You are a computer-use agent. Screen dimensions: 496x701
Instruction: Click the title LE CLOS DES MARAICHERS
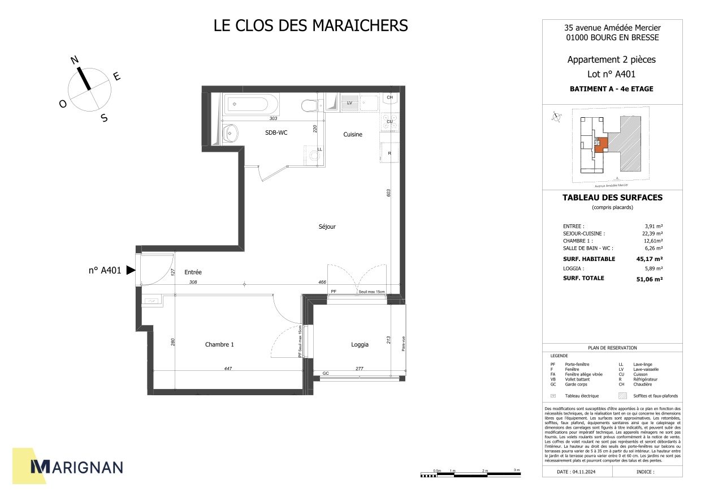pyautogui.click(x=310, y=26)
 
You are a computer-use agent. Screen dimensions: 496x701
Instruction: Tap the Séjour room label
pyautogui.click(x=327, y=226)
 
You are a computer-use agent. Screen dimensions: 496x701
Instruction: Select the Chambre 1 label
pyautogui.click(x=219, y=344)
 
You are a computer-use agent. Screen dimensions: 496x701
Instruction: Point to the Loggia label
pyautogui.click(x=360, y=344)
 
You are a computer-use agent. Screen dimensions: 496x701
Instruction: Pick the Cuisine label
pyautogui.click(x=353, y=134)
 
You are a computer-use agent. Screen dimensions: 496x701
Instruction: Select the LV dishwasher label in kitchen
pyautogui.click(x=349, y=103)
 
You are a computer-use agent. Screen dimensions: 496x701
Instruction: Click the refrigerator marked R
pyautogui.click(x=390, y=152)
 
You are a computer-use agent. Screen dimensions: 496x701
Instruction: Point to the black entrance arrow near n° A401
pyautogui.click(x=131, y=271)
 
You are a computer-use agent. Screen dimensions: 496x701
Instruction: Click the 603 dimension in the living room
pyautogui.click(x=388, y=193)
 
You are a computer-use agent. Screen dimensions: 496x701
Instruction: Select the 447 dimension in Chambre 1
pyautogui.click(x=228, y=369)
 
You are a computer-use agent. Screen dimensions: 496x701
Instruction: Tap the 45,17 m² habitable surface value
pyautogui.click(x=650, y=259)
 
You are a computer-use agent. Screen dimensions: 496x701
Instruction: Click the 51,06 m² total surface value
pyautogui.click(x=650, y=279)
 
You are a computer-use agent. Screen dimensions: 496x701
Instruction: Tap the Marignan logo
pyautogui.click(x=76, y=466)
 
